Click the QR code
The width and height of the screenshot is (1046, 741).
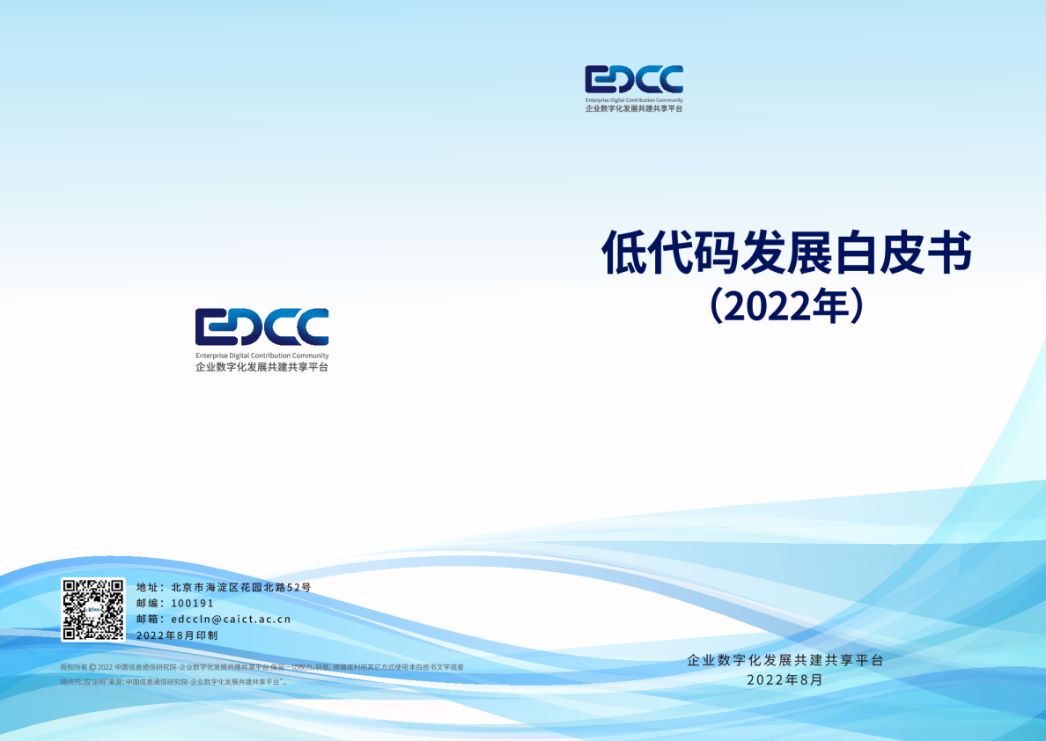click(92, 609)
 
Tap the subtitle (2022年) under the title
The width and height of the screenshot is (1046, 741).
click(785, 306)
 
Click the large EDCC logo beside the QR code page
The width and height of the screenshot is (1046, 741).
click(261, 326)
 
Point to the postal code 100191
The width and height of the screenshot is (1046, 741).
click(193, 603)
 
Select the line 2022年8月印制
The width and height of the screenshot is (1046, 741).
click(177, 635)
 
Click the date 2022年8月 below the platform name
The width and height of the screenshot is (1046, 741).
click(784, 679)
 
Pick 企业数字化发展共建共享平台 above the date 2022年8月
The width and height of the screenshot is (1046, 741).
click(784, 660)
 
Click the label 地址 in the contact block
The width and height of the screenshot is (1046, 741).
click(148, 587)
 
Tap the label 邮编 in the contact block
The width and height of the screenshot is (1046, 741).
click(148, 603)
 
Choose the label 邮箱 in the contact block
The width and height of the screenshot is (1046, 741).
click(148, 619)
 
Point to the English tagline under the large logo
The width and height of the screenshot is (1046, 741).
click(261, 356)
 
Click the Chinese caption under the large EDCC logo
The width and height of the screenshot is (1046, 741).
click(261, 367)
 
